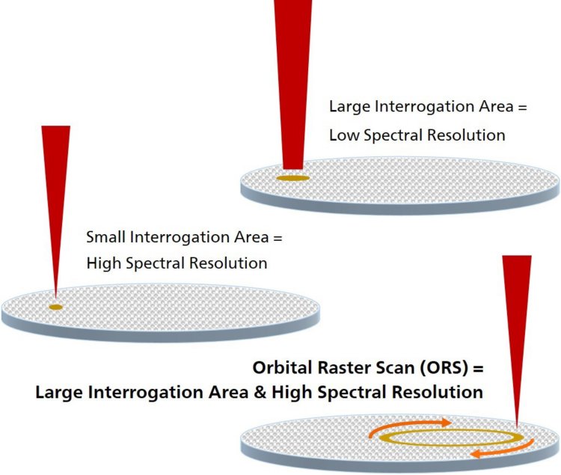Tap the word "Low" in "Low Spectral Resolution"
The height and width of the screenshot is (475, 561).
(x=345, y=135)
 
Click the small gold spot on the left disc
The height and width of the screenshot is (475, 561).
(x=55, y=307)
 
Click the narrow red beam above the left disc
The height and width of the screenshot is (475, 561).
(x=56, y=194)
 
